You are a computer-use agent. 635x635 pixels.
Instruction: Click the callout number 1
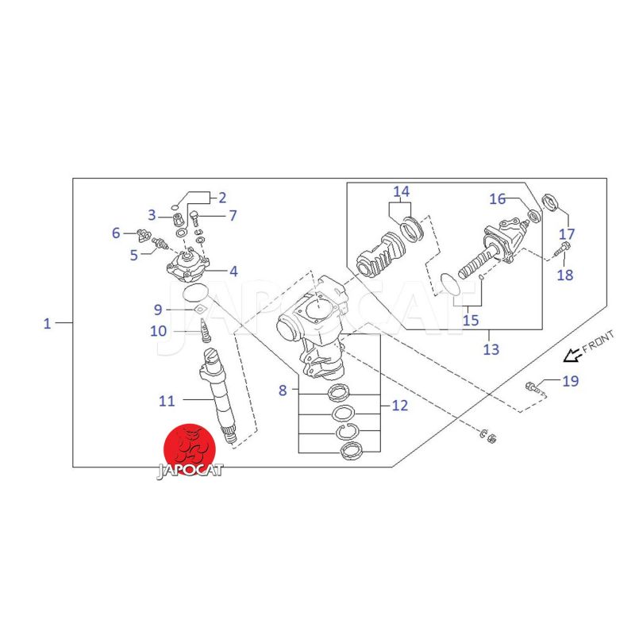48,324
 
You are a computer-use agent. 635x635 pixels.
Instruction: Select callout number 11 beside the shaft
167,401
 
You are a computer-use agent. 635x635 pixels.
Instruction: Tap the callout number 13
491,349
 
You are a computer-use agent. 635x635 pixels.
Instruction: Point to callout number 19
570,381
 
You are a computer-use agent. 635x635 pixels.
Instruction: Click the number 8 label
283,391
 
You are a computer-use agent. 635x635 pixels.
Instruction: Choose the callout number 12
400,406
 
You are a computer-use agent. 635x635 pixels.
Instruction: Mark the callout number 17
567,234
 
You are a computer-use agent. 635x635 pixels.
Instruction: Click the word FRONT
598,341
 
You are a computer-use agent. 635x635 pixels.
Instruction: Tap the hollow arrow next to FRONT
571,355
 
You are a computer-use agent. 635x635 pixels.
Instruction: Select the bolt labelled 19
536,388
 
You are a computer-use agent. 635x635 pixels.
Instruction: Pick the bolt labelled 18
561,248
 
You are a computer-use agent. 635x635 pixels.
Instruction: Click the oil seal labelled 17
549,202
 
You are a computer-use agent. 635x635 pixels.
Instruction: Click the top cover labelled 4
188,267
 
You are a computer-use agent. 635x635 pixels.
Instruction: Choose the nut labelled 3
177,221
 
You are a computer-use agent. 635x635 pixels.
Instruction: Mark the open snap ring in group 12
346,432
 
